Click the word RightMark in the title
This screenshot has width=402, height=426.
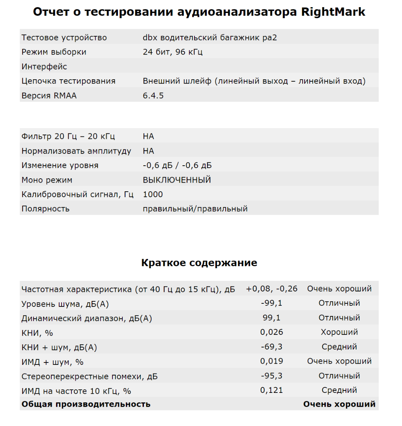click(x=333, y=12)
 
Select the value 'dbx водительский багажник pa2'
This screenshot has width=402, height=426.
click(x=213, y=38)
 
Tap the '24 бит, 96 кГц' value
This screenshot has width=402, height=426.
click(x=173, y=52)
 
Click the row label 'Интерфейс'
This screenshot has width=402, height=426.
click(x=44, y=67)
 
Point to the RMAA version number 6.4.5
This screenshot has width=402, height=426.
click(x=153, y=95)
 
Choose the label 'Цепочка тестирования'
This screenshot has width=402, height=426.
click(x=68, y=81)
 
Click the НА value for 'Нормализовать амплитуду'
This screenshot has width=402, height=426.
click(x=148, y=151)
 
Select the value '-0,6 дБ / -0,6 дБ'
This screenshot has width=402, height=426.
click(x=177, y=166)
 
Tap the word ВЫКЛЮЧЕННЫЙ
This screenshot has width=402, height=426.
click(x=177, y=180)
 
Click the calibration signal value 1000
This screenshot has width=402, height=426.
click(x=153, y=194)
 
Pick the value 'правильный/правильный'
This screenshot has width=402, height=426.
click(x=195, y=209)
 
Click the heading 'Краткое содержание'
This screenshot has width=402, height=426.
click(x=199, y=263)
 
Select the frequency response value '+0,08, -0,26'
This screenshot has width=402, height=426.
click(x=272, y=289)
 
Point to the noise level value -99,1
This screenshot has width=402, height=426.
click(x=272, y=303)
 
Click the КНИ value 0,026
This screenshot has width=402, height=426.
click(x=272, y=332)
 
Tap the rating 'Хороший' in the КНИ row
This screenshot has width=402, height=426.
click(x=339, y=332)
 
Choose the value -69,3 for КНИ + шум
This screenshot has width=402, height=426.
click(x=272, y=347)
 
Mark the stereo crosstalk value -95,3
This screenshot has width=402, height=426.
click(x=272, y=376)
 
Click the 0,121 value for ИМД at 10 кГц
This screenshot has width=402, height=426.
click(x=272, y=390)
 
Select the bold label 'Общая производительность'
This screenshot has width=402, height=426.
click(x=86, y=404)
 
